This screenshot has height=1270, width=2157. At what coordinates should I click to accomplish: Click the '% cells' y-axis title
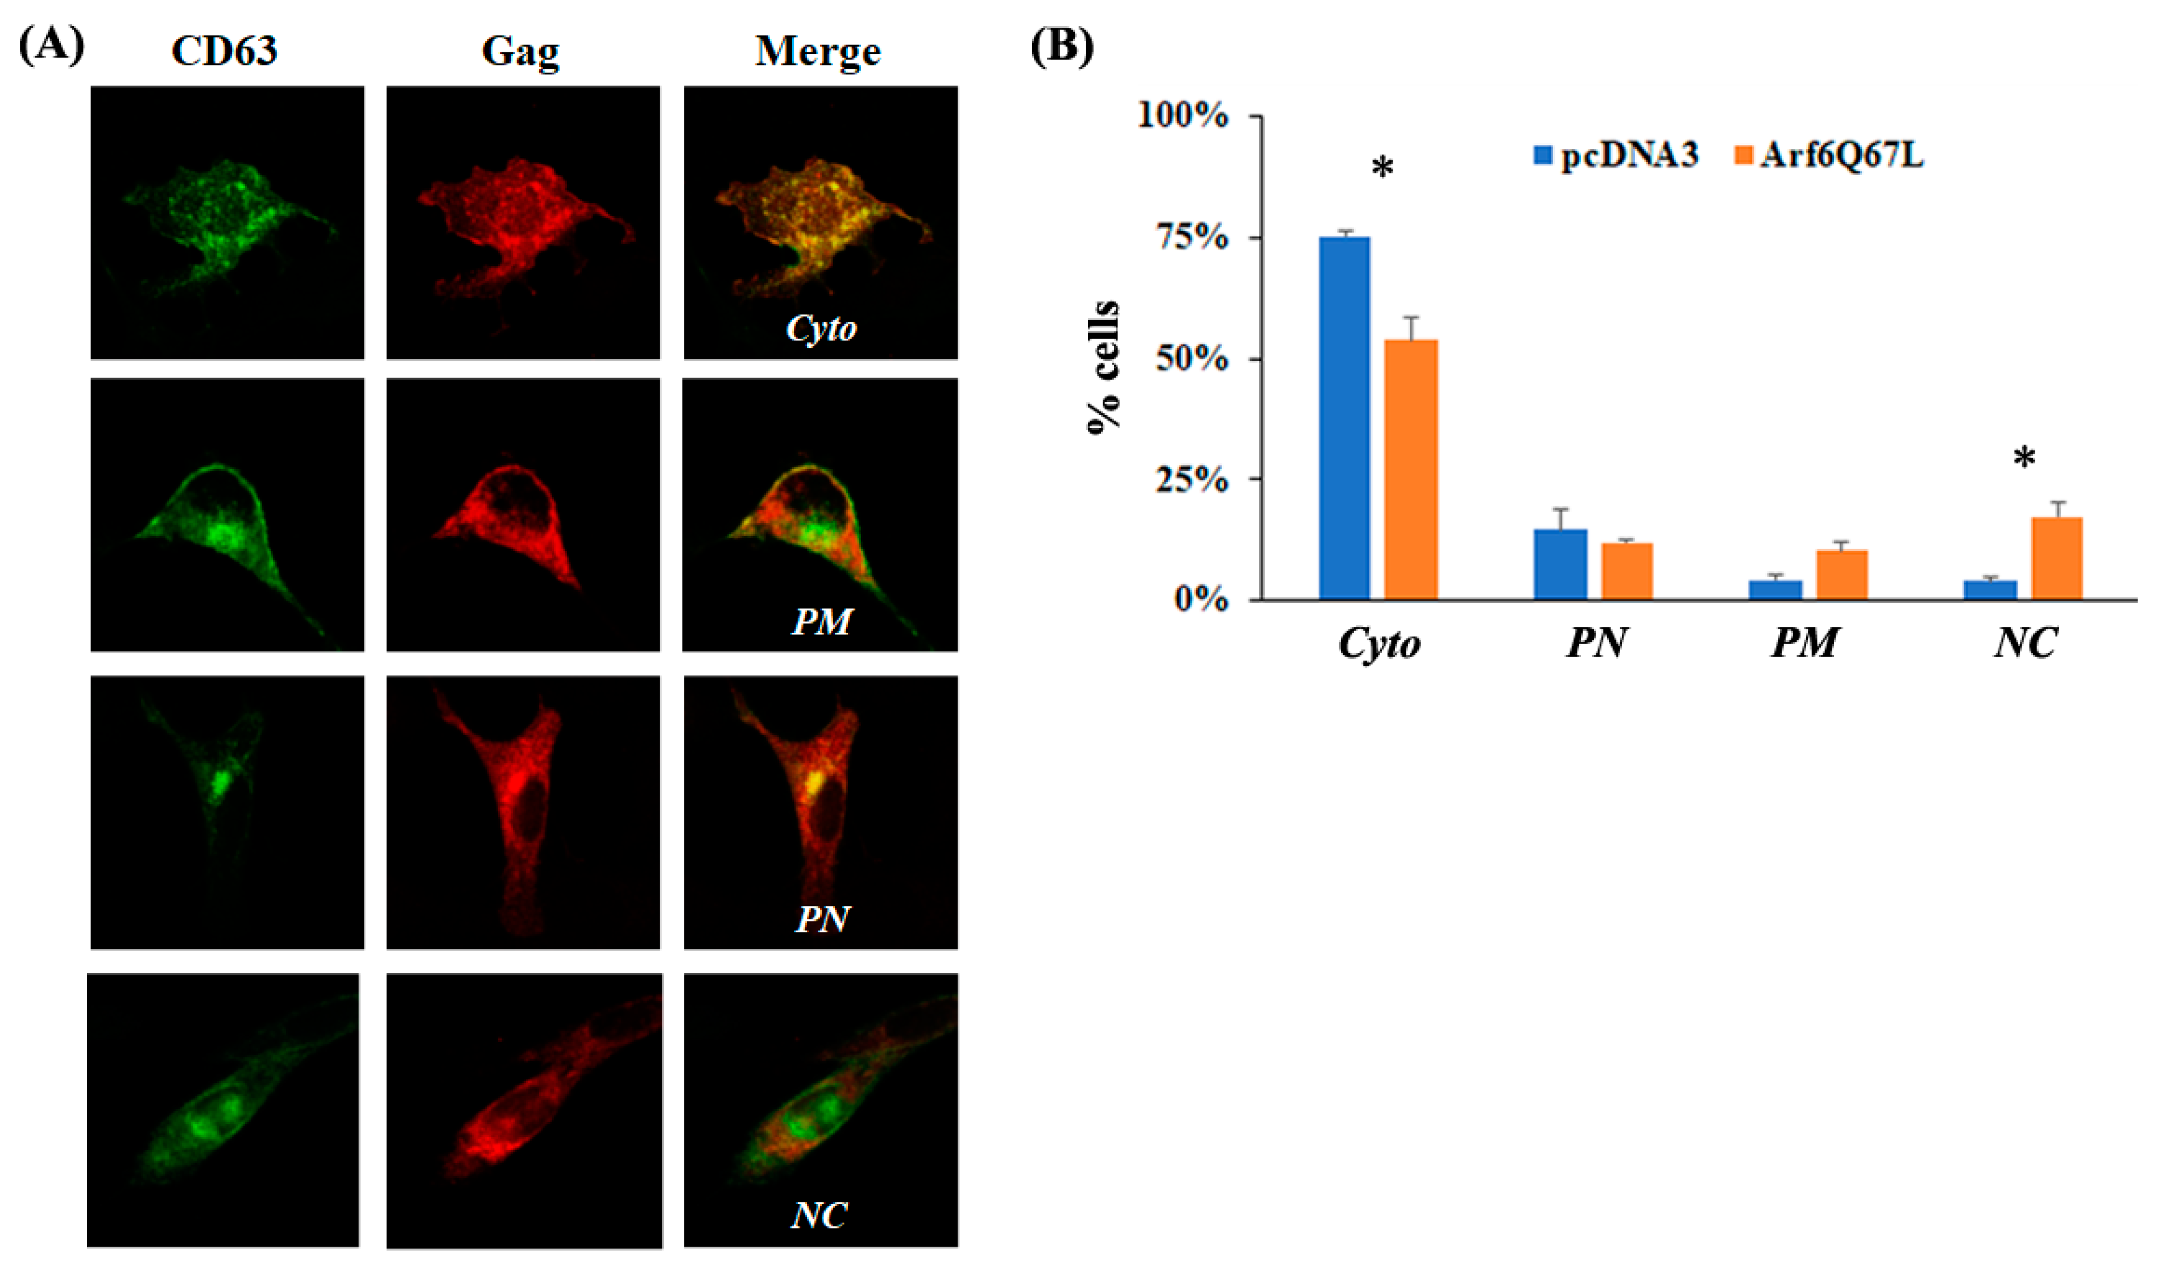pyautogui.click(x=1104, y=368)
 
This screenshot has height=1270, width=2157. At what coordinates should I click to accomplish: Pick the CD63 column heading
pyautogui.click(x=224, y=51)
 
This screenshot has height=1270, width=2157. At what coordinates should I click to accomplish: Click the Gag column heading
pyautogui.click(x=520, y=51)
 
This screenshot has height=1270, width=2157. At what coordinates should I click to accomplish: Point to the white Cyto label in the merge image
pyautogui.click(x=821, y=328)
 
